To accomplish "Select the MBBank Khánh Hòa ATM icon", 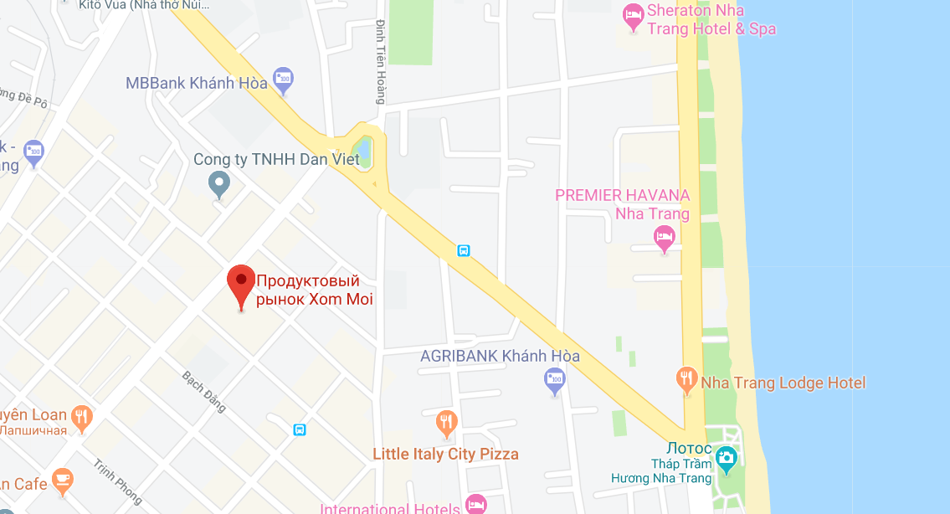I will pos(283,79).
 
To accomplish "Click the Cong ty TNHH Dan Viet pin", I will pos(219,182).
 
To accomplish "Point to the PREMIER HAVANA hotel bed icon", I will pos(665,237).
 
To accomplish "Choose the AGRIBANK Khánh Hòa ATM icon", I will pos(554,380).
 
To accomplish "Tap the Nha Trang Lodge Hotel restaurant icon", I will pos(686,380).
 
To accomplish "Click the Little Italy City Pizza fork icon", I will pos(447,421).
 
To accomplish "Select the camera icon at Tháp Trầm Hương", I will pos(726,457).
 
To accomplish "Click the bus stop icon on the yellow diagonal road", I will pos(464,249).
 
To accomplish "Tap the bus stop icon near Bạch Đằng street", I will pos(300,429).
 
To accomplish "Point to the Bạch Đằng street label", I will pos(204,391).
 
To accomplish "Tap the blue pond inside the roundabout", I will pos(363,152).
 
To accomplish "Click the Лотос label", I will pos(690,449).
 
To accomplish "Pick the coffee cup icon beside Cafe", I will pos(62,480).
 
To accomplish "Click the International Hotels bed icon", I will pos(475,504).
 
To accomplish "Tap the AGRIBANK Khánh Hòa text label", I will pos(500,356).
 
